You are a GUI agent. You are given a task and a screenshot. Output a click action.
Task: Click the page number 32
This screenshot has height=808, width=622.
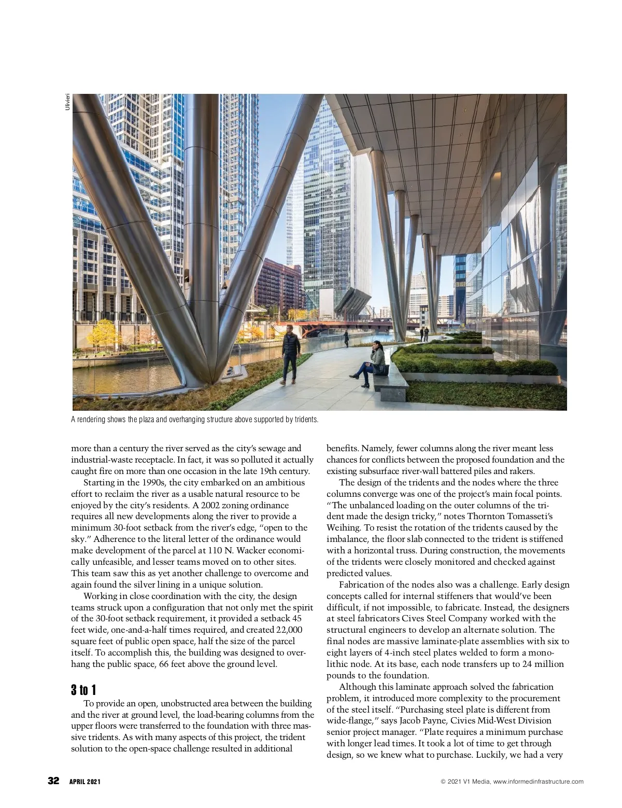(54, 781)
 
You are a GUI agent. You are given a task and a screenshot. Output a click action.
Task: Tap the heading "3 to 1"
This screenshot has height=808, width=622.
(83, 690)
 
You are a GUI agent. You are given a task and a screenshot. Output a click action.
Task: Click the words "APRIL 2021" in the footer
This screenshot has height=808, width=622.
(85, 782)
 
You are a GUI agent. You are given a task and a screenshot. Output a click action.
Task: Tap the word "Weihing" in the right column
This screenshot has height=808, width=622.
(344, 528)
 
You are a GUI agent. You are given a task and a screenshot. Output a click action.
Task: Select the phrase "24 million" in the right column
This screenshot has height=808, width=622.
(544, 664)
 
